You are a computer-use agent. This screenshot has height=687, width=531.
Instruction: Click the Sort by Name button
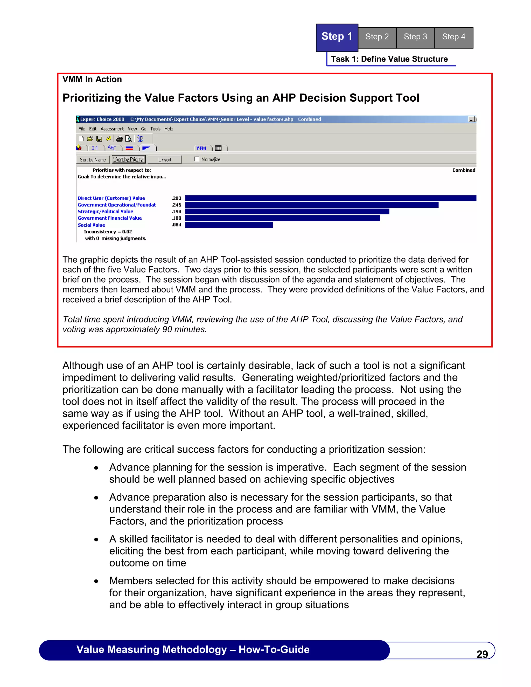(93, 160)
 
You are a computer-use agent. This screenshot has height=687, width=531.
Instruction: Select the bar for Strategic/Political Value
(287, 211)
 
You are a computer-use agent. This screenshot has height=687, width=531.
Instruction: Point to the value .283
(177, 198)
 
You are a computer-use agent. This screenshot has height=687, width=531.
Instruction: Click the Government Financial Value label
(110, 218)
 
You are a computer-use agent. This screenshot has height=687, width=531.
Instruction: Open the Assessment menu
(112, 129)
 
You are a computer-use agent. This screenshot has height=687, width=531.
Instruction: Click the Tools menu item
(155, 129)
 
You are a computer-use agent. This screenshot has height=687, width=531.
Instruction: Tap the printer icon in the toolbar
(119, 139)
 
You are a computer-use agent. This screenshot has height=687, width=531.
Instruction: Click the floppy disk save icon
(99, 139)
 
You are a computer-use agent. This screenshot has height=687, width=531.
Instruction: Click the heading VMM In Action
(92, 79)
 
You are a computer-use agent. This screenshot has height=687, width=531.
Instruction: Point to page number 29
(482, 654)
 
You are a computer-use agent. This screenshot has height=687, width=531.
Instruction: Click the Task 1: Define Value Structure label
(389, 59)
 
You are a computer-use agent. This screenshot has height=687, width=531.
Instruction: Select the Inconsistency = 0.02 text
(108, 232)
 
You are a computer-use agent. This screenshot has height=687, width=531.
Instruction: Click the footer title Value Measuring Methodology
(193, 650)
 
